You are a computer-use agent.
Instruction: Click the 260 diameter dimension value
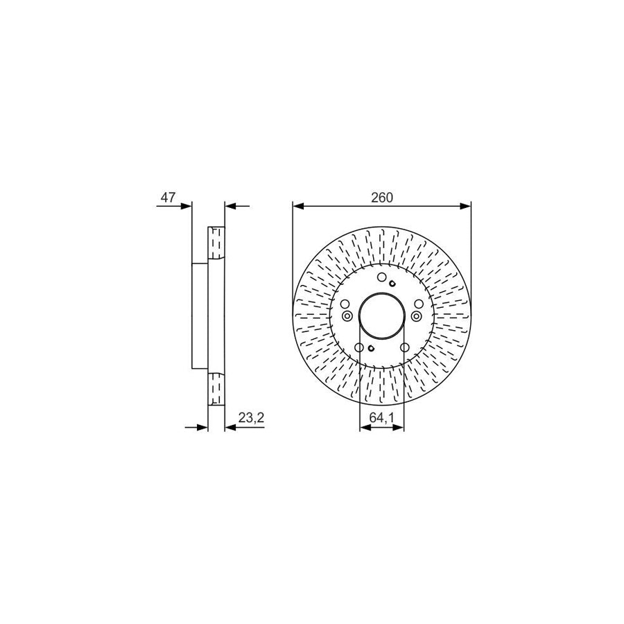(381, 198)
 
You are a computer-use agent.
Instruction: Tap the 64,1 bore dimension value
(381, 418)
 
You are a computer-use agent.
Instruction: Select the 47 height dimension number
(167, 198)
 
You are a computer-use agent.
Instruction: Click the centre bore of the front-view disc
(381, 315)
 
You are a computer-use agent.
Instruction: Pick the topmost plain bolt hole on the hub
(381, 278)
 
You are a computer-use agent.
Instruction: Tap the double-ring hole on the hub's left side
(347, 316)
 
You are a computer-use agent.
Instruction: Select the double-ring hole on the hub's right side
(416, 316)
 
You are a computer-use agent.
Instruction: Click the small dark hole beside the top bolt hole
(392, 282)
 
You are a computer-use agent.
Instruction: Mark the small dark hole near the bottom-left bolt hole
(371, 348)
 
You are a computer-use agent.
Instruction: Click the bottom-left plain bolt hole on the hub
(359, 348)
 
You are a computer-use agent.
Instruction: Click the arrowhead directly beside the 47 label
(185, 205)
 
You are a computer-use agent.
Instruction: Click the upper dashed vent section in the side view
(216, 243)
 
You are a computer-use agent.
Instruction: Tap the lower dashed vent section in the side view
(216, 388)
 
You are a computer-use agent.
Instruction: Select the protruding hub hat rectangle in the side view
(200, 316)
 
